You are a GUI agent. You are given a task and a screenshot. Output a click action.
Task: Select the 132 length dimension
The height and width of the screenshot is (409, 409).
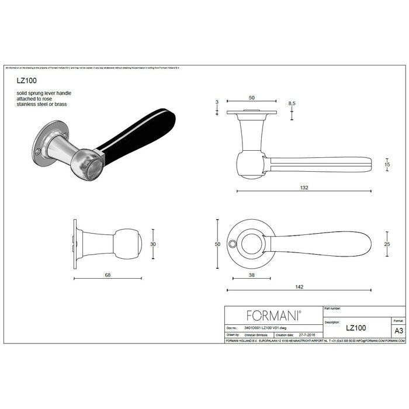[304, 188]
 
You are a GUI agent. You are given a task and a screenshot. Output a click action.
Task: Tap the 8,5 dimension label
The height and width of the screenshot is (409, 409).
[292, 103]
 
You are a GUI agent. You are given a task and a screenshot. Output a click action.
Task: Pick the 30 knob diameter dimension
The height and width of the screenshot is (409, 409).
[154, 244]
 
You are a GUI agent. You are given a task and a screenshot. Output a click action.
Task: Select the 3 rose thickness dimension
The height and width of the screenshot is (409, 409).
[217, 102]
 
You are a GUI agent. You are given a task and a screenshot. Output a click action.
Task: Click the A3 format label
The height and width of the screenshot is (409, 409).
[399, 330]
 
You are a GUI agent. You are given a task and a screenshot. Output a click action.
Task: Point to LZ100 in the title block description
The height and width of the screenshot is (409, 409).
[356, 329]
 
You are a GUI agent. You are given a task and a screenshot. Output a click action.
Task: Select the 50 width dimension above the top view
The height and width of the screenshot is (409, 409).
[251, 97]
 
